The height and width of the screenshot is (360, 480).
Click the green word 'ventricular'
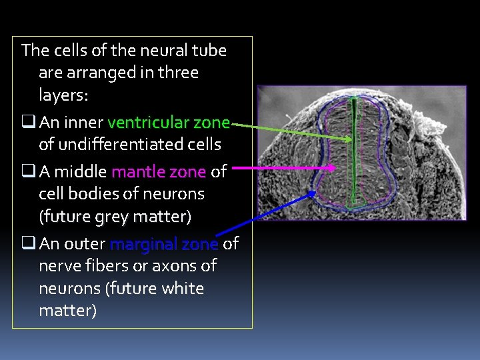[148, 123]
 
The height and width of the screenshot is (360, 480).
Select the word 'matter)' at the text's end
[67, 311]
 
